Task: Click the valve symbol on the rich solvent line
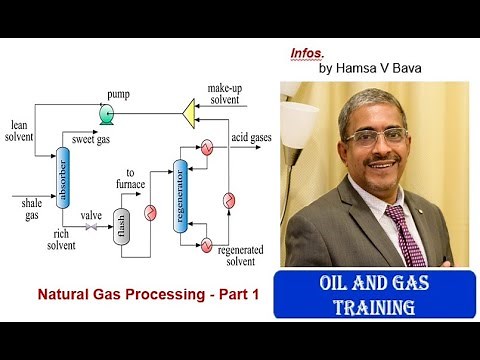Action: [93, 228]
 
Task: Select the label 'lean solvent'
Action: [20, 130]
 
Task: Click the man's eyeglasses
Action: [374, 135]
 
